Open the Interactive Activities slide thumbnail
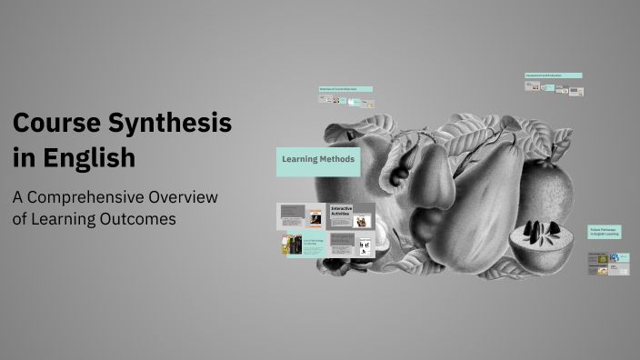351,216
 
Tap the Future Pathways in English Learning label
604,233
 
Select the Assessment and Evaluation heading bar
553,75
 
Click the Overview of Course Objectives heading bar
345,89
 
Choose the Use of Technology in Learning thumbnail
302,245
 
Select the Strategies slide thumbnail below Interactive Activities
351,244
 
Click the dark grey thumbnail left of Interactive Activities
302,216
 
